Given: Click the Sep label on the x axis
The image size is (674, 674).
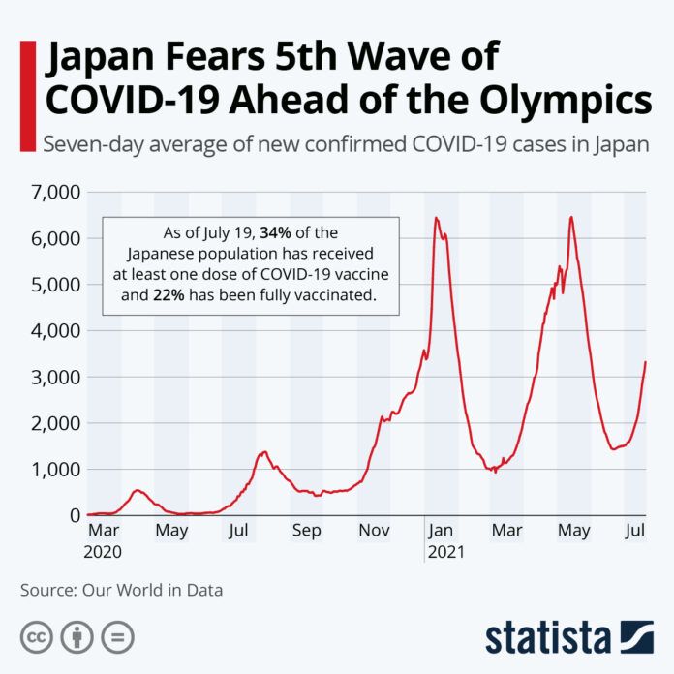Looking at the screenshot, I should [x=306, y=531].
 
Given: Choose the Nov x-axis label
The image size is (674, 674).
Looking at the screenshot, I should [x=374, y=531].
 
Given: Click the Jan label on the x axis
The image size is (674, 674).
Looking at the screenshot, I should [x=442, y=531].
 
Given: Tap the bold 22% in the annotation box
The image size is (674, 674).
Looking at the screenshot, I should [x=169, y=295].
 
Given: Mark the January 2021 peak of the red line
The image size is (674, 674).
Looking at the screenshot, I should [x=436, y=218].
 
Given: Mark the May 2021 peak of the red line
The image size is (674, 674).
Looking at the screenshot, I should [x=571, y=217].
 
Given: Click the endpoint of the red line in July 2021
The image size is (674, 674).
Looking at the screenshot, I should [x=645, y=362].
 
